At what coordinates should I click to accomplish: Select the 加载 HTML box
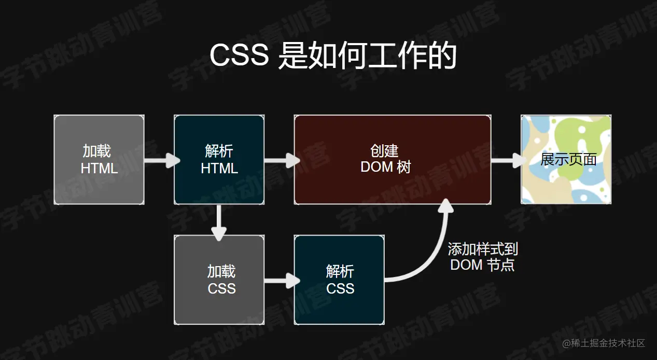(99, 160)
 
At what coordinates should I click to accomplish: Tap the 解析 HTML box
(219, 160)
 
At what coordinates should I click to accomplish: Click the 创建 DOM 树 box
(392, 159)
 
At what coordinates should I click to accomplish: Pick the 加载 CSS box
(219, 280)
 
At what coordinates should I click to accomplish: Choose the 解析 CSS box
(339, 280)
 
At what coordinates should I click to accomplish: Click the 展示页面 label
(568, 159)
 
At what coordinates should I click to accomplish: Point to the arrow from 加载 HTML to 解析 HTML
(159, 160)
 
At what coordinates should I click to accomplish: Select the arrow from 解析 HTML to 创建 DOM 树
(279, 160)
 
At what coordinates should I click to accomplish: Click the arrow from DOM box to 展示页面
(506, 160)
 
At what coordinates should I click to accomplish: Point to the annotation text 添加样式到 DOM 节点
(483, 257)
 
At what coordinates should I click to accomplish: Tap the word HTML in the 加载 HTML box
(99, 168)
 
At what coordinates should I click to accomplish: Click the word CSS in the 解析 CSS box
(340, 288)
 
